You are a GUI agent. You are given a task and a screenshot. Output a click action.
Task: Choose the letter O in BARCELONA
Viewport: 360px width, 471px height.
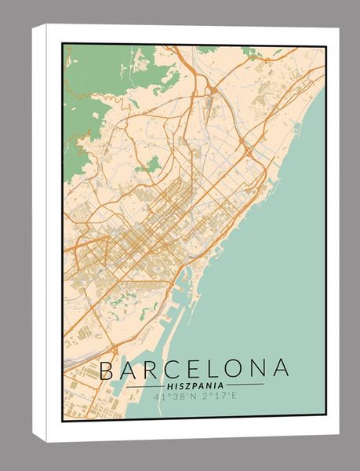(236, 369)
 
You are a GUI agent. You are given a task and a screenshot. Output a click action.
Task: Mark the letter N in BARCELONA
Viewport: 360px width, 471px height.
(259, 369)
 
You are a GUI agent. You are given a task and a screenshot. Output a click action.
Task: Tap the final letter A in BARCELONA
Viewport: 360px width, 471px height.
(281, 369)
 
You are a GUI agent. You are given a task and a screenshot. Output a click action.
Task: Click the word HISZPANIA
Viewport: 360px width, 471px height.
(195, 385)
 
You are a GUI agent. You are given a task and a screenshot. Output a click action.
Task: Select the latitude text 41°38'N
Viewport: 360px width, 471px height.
(175, 396)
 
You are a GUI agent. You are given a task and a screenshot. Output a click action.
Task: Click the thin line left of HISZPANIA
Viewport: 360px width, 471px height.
(144, 386)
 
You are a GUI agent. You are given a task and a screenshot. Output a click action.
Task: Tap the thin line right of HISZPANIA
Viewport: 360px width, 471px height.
(245, 385)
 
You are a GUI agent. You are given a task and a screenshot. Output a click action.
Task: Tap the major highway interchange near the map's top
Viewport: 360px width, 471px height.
(213, 91)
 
